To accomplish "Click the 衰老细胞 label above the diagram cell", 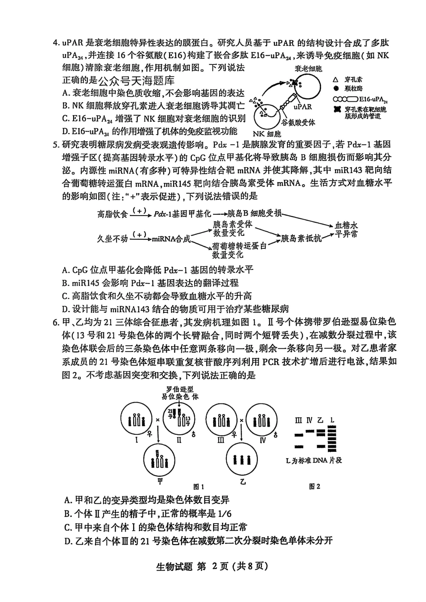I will click(x=308, y=69).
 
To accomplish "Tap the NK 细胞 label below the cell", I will click(x=267, y=134).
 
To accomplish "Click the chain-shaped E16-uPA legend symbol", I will click(x=345, y=99).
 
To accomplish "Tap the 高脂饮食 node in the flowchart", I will click(x=113, y=214).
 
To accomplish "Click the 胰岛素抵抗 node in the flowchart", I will click(x=301, y=238).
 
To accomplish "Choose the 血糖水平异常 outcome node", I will click(x=347, y=229).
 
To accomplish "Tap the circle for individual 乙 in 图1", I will click(x=243, y=459).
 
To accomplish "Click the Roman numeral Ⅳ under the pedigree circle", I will click(x=262, y=440).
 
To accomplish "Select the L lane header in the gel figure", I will click(x=332, y=420).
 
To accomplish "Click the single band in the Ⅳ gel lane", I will click(x=309, y=431).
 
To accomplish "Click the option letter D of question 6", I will click(x=68, y=541).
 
